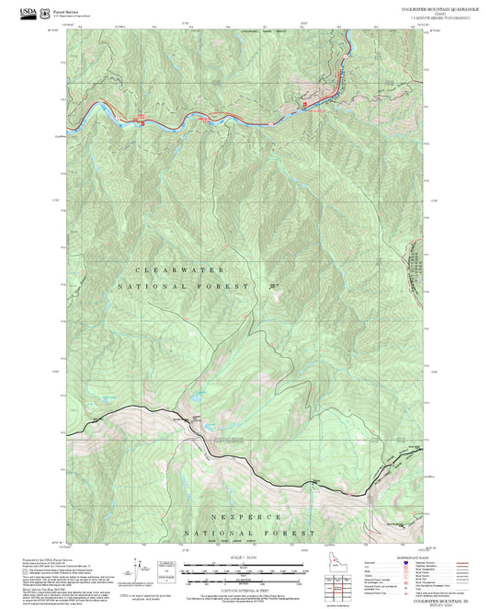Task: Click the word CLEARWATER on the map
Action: tap(179, 270)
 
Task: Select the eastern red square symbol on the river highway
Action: tap(305, 106)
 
